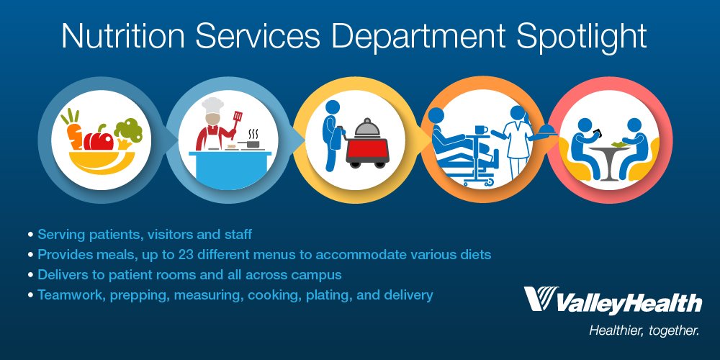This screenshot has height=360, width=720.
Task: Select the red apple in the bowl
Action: point(99,138)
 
